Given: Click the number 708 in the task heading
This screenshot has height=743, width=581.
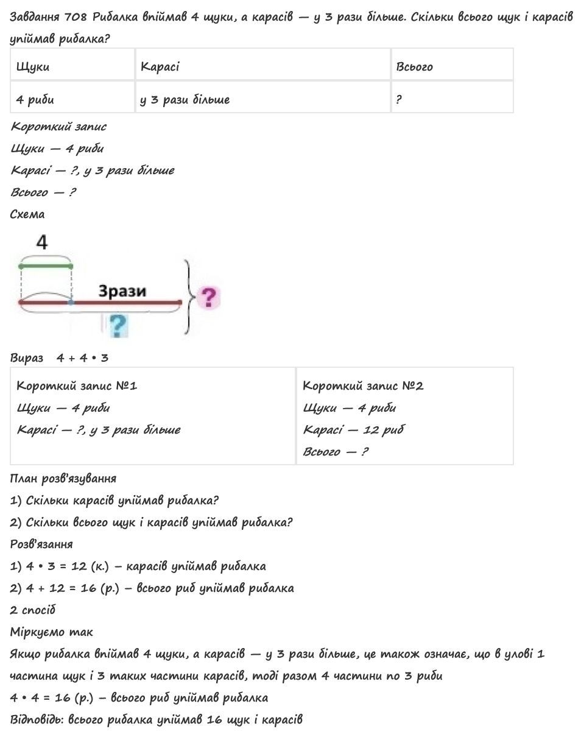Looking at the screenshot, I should tap(77, 17).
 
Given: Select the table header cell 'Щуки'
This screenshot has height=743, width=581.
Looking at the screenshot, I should tap(33, 66).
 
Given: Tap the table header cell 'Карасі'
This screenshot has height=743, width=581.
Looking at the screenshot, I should tap(160, 66).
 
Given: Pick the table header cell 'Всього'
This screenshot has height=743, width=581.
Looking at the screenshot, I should tap(414, 66).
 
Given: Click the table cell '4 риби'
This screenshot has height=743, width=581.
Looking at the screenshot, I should tap(35, 99).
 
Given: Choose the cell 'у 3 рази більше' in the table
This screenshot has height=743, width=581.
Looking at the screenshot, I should tap(185, 99).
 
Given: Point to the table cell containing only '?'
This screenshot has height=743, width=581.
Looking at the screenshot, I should tap(399, 99).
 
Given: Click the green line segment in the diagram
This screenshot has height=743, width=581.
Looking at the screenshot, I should tap(46, 266).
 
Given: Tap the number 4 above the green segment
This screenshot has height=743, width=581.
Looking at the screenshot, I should tap(41, 243).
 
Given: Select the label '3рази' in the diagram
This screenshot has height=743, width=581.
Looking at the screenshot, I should tap(122, 291).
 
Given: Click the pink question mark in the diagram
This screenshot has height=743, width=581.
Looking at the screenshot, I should tap(208, 298).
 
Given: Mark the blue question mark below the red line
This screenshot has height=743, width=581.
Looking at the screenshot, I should tap(118, 325).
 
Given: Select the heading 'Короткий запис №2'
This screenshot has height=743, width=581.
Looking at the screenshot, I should tap(363, 386).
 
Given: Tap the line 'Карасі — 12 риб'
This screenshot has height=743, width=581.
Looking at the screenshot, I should tap(353, 429).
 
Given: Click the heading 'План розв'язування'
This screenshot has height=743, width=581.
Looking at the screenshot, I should tap(63, 478).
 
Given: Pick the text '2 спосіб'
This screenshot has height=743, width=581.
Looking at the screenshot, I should tap(33, 610).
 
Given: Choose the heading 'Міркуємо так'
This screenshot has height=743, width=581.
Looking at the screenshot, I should tap(52, 632).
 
